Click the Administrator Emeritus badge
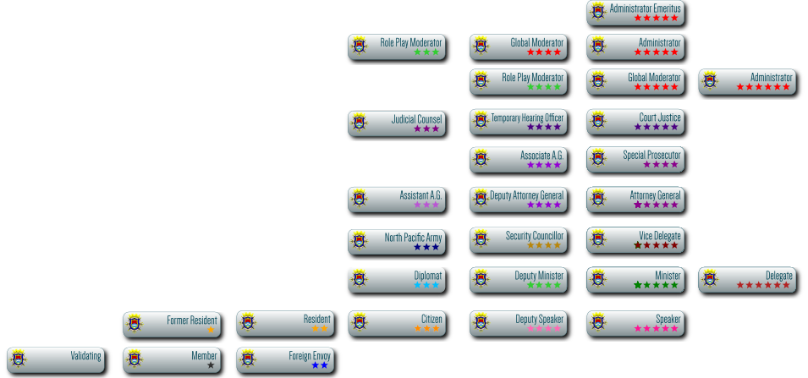tap(635, 12)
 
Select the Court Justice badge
tap(635, 122)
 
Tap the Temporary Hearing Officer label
tap(528, 118)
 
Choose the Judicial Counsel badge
tap(396, 123)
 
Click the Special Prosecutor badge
tap(635, 159)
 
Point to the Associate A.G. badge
tap(518, 159)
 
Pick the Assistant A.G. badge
tap(396, 200)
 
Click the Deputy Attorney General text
tap(526, 195)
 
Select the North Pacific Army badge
tap(396, 242)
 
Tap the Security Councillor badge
tap(518, 240)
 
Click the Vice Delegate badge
tap(635, 240)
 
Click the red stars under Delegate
tap(763, 285)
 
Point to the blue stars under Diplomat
tap(426, 285)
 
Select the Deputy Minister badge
tap(518, 280)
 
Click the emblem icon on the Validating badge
tap(19, 358)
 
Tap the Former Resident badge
tap(171, 324)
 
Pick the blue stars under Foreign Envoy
tap(319, 365)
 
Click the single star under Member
tap(211, 365)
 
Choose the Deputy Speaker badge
tap(518, 324)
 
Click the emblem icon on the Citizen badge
tap(360, 322)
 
